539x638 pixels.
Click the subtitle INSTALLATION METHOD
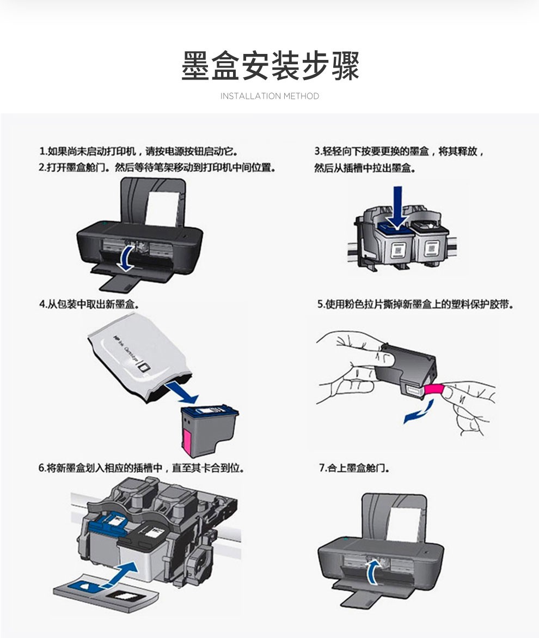[x=269, y=96]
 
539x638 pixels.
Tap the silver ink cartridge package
[x=138, y=359]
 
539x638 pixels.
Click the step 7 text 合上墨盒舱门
[x=354, y=468]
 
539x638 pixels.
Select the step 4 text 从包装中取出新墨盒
[x=89, y=304]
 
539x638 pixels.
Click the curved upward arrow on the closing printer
[x=373, y=572]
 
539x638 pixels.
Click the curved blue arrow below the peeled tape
[x=419, y=412]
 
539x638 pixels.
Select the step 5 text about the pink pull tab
[x=415, y=304]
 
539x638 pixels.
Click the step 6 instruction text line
[x=142, y=468]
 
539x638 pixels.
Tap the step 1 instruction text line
[x=138, y=151]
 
